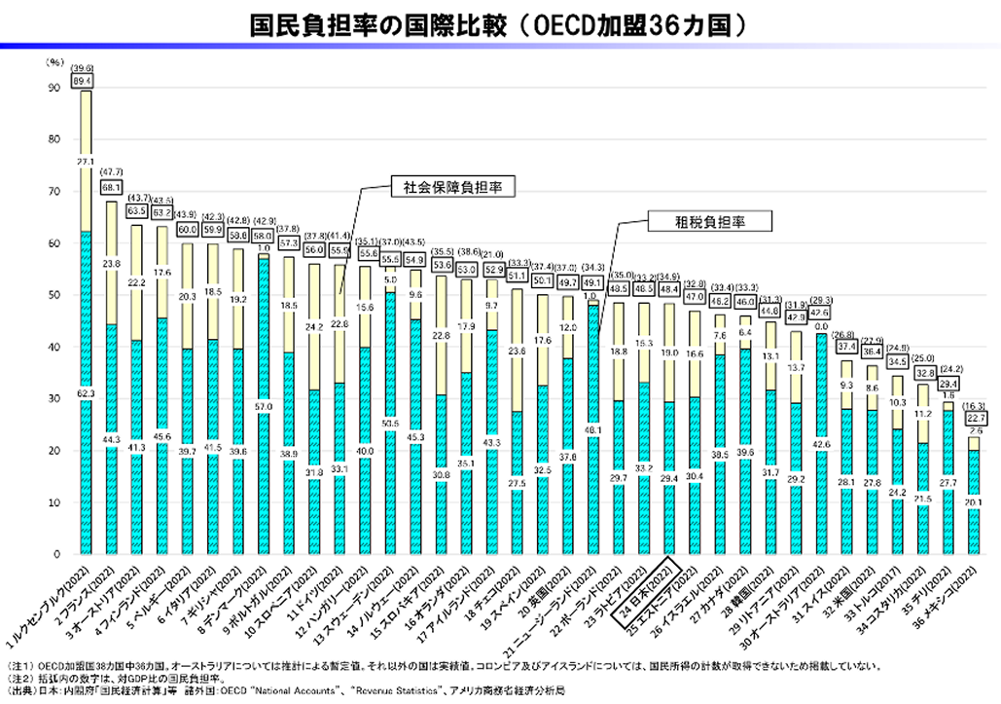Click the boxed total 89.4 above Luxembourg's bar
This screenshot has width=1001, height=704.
(85, 80)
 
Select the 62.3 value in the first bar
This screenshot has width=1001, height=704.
(86, 393)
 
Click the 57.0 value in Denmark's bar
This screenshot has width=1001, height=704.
(263, 407)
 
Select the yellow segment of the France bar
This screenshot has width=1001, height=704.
(112, 263)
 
